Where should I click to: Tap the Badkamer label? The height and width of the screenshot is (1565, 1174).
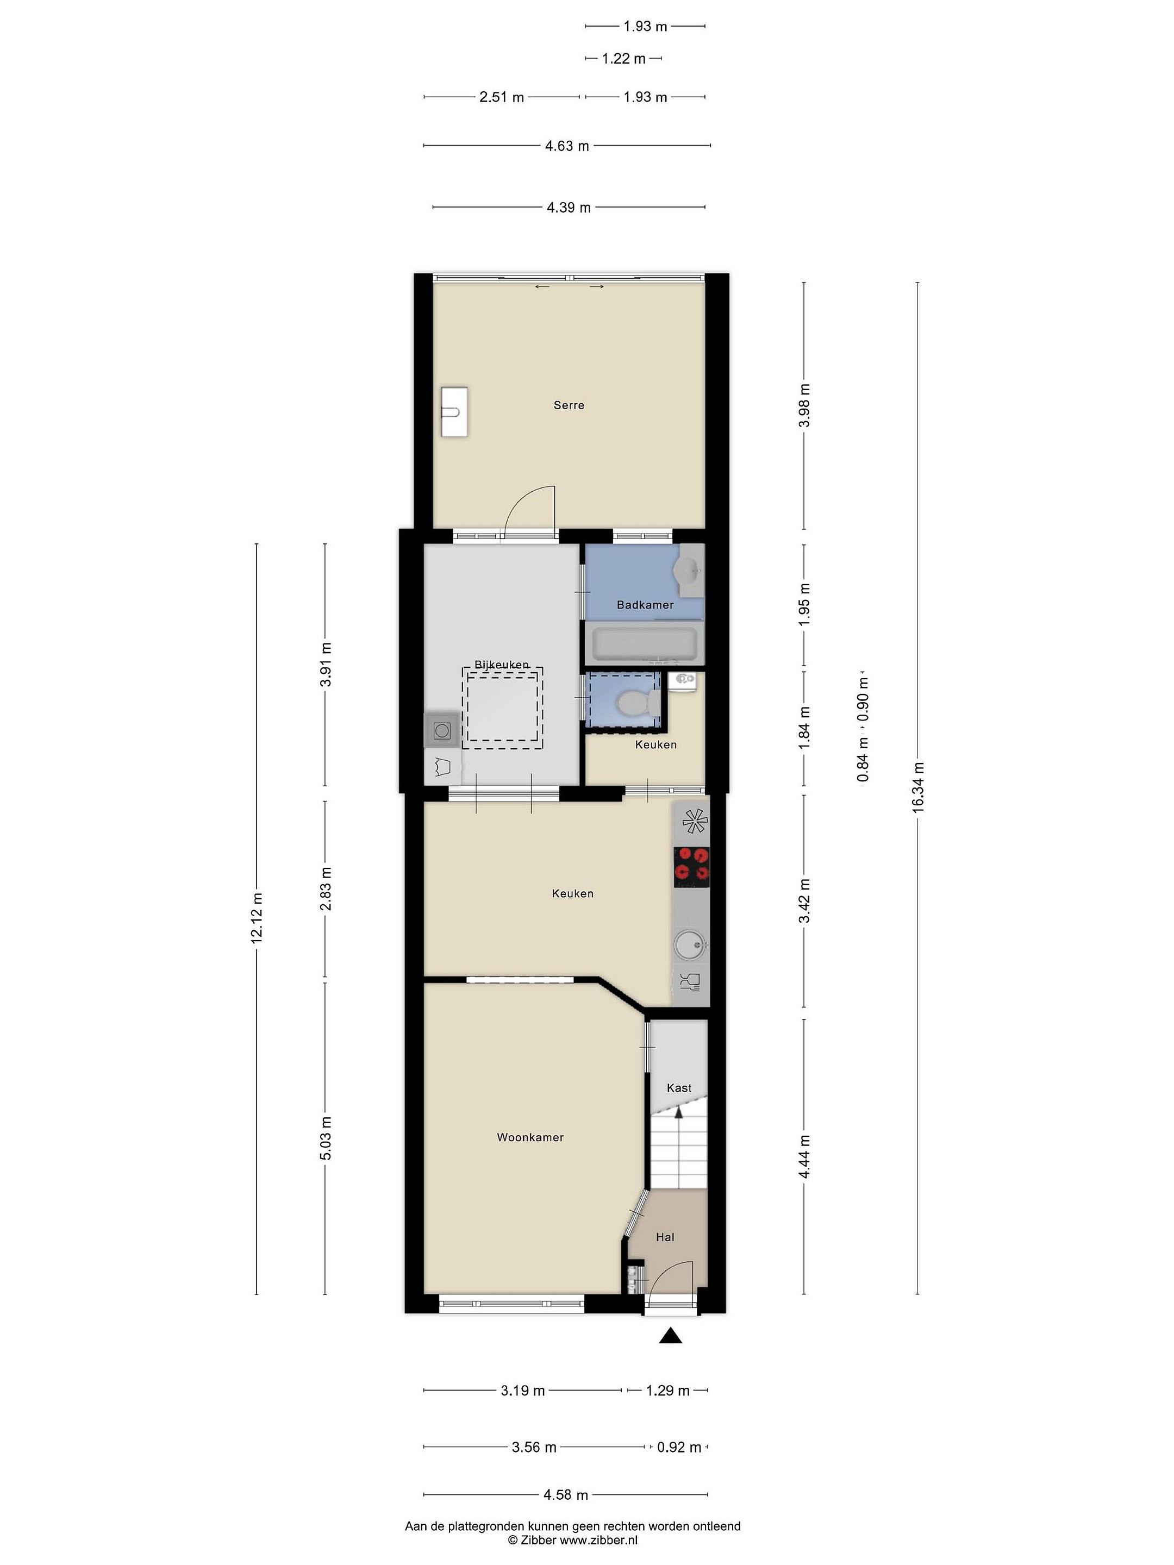coord(645,605)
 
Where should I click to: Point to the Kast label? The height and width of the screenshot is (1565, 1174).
coord(679,1088)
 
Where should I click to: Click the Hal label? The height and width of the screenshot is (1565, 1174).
coord(665,1237)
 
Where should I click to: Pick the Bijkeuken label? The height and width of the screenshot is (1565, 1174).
coord(502,665)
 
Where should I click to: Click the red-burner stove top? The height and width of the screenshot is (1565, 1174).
coord(691,867)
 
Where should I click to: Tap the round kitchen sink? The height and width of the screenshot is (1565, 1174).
coord(690,944)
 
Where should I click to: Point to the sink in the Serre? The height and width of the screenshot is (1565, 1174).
coord(454,411)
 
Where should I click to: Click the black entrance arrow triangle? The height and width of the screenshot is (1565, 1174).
coord(670,1336)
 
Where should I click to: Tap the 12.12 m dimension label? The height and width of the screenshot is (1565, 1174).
coord(256,918)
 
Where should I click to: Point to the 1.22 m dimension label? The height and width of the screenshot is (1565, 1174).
coord(623,59)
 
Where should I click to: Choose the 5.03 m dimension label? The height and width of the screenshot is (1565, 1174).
coord(326,1138)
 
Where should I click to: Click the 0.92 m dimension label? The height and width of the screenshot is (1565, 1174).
coord(679,1448)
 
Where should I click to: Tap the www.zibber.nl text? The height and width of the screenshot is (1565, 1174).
coord(598,1539)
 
